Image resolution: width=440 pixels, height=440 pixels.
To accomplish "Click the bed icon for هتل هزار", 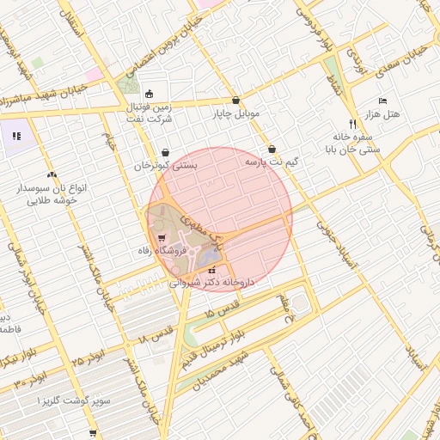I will tap(382, 101).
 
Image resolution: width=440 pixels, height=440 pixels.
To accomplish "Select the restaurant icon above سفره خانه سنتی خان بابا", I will tap(352, 124).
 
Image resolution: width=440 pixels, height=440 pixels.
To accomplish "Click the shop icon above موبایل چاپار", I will tap(236, 100).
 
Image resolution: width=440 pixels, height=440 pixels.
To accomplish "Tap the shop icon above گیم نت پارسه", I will tap(272, 148).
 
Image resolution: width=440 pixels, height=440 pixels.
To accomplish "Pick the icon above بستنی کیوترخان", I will tap(164, 152).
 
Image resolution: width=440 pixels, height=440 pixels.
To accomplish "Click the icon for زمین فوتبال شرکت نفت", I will tap(150, 94).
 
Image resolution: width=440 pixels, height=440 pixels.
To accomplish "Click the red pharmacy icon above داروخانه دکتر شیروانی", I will tap(211, 270).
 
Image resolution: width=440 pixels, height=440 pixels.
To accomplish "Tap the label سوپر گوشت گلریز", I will tap(67, 401).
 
